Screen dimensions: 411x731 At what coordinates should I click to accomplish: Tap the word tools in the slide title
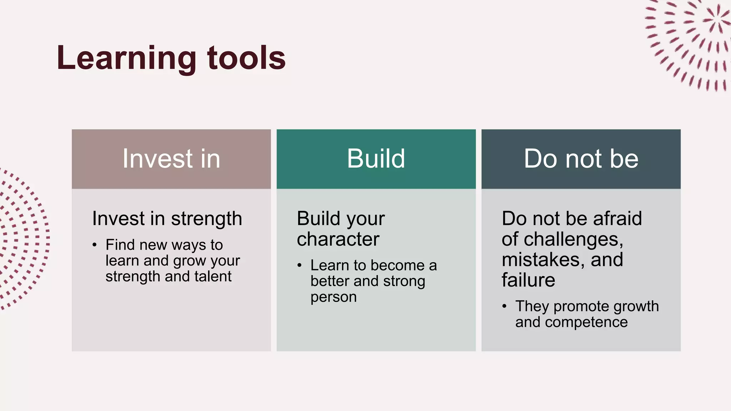click(246, 58)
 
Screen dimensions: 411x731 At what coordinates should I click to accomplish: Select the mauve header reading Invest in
click(171, 159)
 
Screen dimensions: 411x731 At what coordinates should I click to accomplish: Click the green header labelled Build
click(376, 159)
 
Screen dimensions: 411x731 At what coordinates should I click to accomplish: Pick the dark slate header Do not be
click(581, 159)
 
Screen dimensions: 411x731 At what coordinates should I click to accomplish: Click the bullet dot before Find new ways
click(95, 245)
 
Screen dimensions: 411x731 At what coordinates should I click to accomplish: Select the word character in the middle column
click(338, 239)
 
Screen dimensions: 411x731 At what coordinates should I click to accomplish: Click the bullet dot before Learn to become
click(299, 265)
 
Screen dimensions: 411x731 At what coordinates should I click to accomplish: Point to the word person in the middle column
click(333, 297)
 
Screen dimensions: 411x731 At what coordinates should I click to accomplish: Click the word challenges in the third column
click(573, 239)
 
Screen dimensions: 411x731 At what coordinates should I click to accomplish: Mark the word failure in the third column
click(528, 280)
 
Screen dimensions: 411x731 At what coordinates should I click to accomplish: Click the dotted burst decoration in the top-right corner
click(692, 43)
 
